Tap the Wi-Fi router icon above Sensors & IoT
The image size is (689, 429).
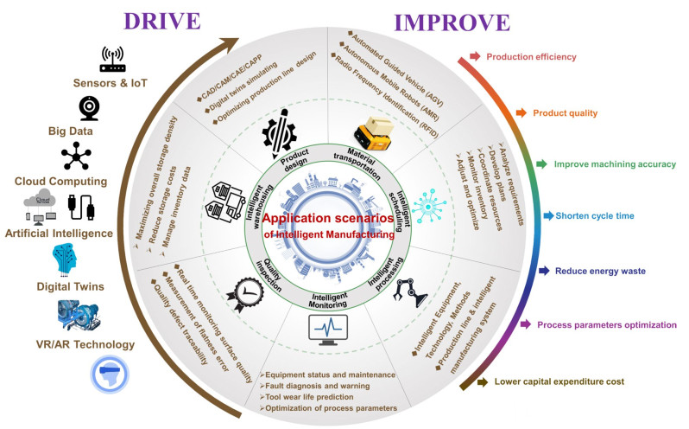[112, 61]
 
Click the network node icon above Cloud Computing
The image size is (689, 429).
[75, 157]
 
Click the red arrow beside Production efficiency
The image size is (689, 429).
[474, 57]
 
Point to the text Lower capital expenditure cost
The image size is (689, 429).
[576, 381]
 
